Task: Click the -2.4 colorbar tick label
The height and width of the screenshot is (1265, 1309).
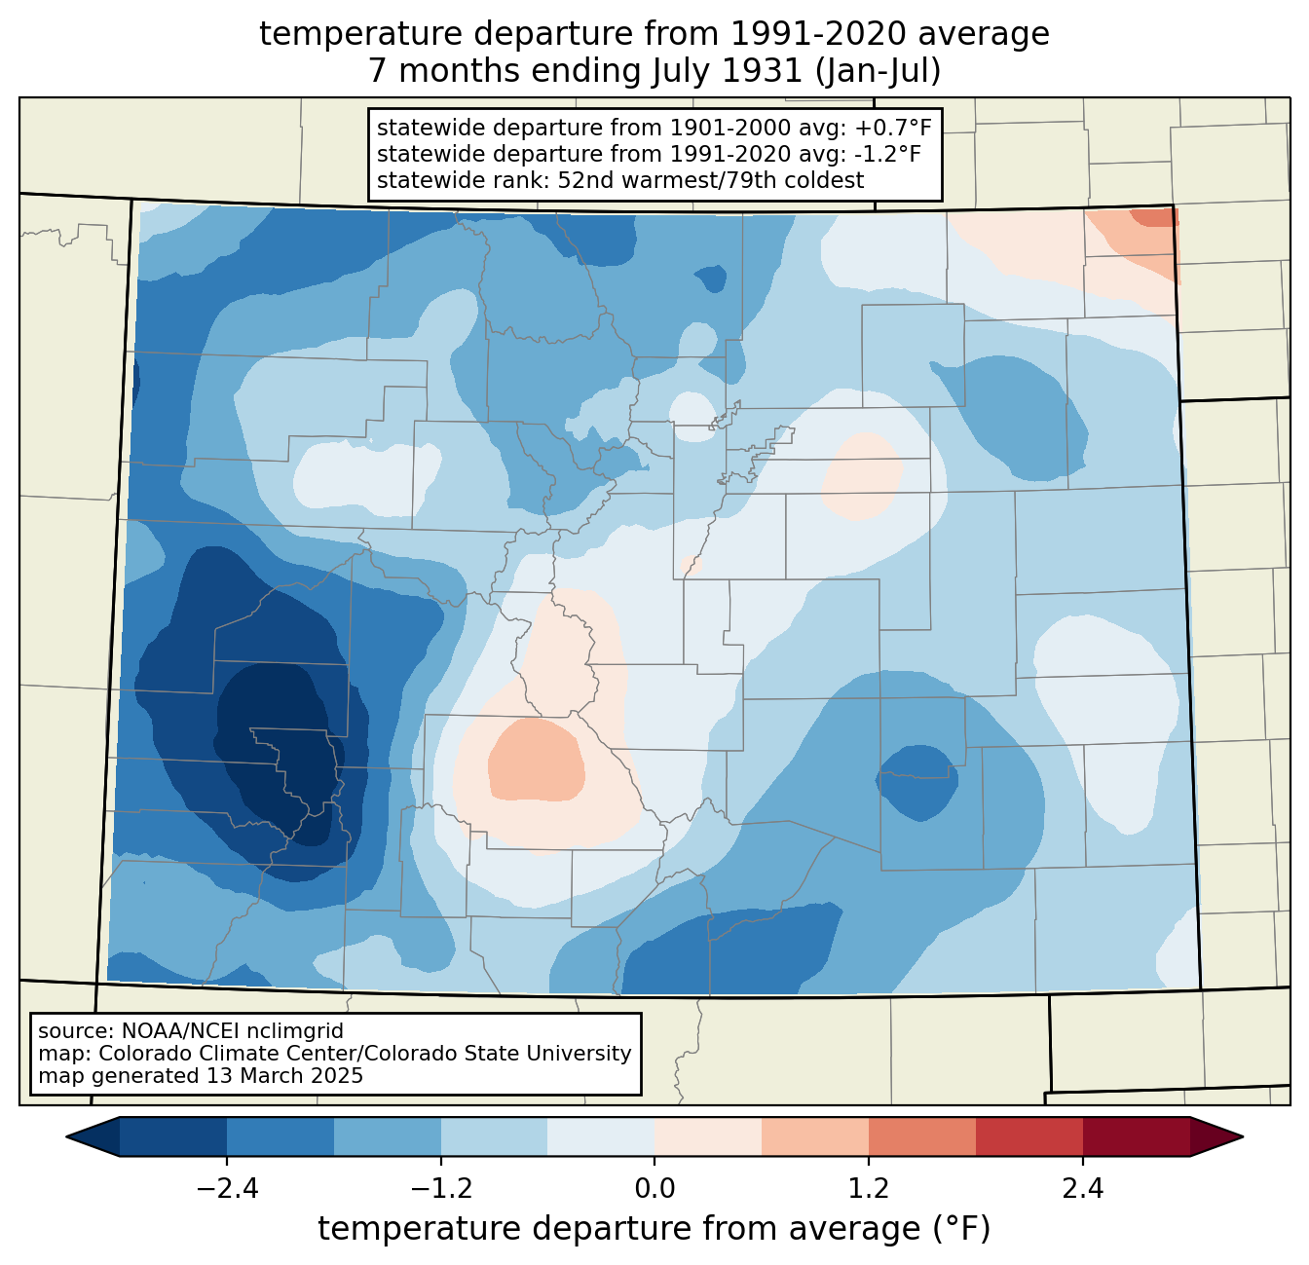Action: coord(227,1189)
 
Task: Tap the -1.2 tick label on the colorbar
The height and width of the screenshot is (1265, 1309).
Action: coord(441,1189)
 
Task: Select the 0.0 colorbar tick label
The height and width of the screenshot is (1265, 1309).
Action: coord(654,1189)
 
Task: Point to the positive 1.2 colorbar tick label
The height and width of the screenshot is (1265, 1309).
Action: coord(869,1189)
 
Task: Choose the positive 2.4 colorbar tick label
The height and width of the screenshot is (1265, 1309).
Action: coord(1083,1189)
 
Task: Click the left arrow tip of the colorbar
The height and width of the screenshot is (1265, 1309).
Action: coord(66,1137)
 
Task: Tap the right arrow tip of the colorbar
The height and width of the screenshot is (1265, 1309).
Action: coord(1243,1137)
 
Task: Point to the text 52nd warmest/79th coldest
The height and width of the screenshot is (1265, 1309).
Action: coord(710,180)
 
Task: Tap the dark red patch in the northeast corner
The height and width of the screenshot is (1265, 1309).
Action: coord(1153,217)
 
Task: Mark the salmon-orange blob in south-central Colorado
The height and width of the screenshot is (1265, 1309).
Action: coord(536,760)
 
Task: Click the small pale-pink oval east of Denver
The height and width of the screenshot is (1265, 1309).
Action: coord(862,475)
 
